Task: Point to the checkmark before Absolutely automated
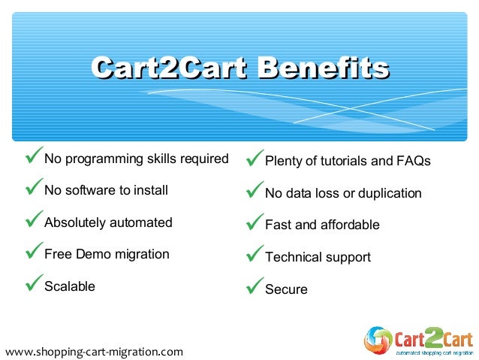pyautogui.click(x=33, y=221)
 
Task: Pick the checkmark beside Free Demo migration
pyautogui.click(x=33, y=253)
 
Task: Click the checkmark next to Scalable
pyautogui.click(x=33, y=285)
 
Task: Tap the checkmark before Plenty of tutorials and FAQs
pyautogui.click(x=254, y=159)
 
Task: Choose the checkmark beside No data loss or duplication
pyautogui.click(x=254, y=192)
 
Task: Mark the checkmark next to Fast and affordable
pyautogui.click(x=254, y=223)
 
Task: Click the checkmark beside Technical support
pyautogui.click(x=254, y=256)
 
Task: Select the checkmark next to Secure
pyautogui.click(x=254, y=288)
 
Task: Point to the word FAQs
pyautogui.click(x=414, y=162)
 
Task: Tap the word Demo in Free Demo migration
pyautogui.click(x=94, y=254)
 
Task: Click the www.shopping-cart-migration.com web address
pyautogui.click(x=93, y=351)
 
